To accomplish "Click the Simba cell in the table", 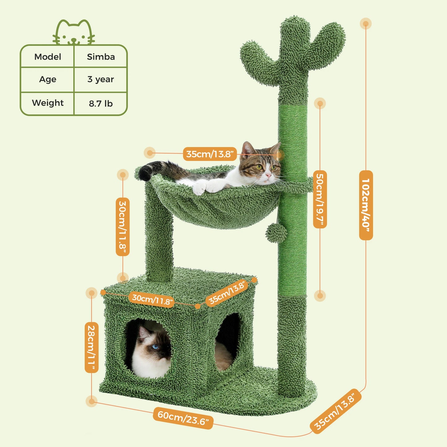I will click(101, 57).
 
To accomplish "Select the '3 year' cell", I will click(101, 79).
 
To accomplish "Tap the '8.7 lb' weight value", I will click(101, 103).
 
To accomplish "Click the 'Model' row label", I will click(48, 57).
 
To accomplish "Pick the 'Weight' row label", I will click(48, 103).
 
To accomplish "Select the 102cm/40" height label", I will click(366, 205).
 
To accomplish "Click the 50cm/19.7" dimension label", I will click(320, 199).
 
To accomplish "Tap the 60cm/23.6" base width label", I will click(183, 417).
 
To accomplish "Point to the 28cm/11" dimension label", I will click(92, 347).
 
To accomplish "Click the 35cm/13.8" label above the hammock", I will click(210, 154).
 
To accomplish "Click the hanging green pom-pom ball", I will click(276, 233).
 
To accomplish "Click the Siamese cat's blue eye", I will click(155, 346).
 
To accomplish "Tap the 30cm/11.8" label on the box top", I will click(152, 299).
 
